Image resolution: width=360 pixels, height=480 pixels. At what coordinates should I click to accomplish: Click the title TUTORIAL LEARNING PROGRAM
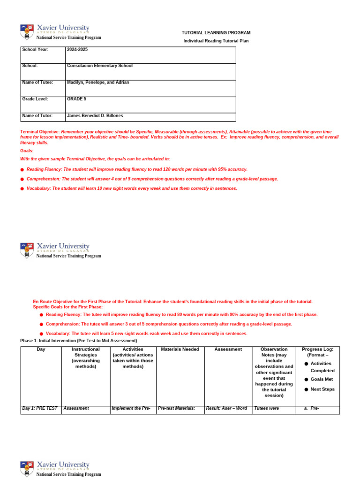216,33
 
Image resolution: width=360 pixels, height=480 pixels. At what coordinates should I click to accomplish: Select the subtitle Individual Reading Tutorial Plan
216,41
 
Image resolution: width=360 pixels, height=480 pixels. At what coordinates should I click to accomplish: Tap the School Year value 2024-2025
77,50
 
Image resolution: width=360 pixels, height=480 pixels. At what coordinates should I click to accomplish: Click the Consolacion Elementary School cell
99,66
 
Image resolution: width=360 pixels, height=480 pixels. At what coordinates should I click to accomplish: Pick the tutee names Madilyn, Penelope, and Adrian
98,82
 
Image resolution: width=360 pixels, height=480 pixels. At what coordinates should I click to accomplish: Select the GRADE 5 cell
76,99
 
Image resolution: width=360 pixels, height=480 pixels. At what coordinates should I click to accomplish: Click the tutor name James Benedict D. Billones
95,116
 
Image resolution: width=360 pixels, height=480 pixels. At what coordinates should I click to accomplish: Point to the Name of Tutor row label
37,116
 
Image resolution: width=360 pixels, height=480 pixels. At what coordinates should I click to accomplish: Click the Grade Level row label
35,99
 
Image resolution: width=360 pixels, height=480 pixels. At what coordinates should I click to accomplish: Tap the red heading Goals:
27,151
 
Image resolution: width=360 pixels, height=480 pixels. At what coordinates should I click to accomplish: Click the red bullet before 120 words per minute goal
22,170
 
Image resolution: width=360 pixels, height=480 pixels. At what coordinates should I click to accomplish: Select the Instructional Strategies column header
85,358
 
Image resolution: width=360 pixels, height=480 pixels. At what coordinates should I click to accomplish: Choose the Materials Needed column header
180,350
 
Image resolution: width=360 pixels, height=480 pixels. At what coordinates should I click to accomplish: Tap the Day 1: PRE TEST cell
40,409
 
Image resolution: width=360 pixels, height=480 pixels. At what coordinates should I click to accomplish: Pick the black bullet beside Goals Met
306,379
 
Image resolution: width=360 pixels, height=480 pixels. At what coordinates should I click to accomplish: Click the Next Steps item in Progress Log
322,390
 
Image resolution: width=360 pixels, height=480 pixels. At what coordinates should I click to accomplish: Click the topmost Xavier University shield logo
27,32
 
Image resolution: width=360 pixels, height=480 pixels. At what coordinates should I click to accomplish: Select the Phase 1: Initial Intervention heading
78,341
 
